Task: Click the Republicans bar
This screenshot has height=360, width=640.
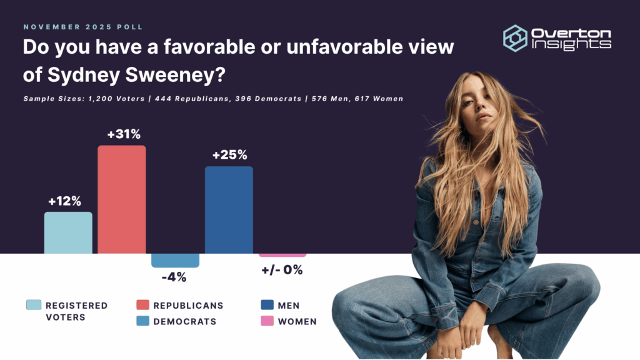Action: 122,199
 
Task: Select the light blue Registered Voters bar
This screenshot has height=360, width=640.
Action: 68,232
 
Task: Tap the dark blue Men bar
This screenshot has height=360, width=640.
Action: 229,210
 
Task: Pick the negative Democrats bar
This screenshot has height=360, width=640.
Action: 176,260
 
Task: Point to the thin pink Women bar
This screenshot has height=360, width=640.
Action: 282,255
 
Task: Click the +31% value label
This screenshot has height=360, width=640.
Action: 122,134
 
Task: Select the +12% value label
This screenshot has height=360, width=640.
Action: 65,201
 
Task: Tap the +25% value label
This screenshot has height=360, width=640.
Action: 230,155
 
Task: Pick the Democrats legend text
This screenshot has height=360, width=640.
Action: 184,321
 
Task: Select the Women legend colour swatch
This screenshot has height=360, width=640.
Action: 268,321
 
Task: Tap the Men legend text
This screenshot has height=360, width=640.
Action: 289,306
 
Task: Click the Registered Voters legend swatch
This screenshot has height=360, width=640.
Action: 34,305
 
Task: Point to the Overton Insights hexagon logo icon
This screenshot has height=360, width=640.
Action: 516,37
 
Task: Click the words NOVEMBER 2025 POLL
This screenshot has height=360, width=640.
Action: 83,27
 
